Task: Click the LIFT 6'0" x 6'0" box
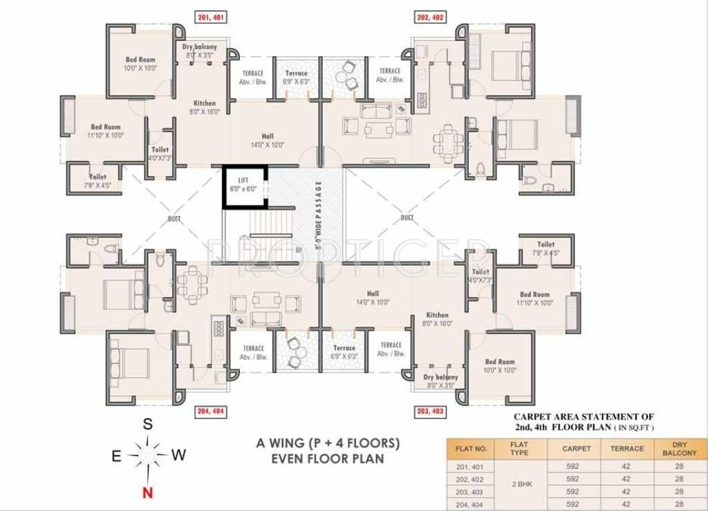[244, 186]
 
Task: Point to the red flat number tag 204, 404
[210, 411]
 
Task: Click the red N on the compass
[147, 493]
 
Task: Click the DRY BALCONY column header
[679, 448]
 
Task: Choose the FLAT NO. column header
[472, 448]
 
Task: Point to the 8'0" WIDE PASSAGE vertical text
[319, 215]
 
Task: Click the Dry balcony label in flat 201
[199, 51]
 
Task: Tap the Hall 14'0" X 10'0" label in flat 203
[373, 298]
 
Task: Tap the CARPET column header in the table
[576, 448]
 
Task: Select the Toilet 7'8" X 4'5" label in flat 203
[546, 248]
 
